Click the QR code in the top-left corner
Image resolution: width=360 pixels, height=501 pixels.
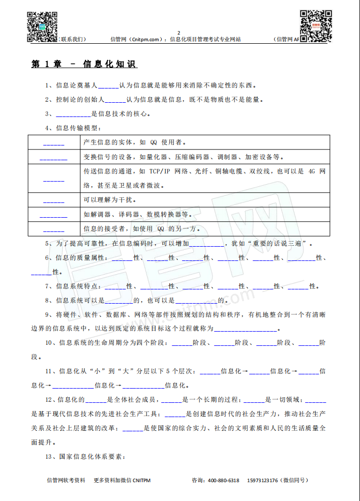click(42, 26)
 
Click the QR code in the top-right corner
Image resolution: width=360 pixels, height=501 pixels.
click(316, 25)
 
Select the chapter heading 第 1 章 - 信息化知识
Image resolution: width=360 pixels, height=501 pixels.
click(84, 64)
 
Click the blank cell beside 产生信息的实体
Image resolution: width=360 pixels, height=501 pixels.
click(53, 142)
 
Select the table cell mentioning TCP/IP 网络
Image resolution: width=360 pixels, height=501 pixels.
click(205, 179)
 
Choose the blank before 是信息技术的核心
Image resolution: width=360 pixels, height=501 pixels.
click(73, 114)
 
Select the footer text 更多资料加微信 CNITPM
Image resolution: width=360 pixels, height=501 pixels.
click(122, 480)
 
